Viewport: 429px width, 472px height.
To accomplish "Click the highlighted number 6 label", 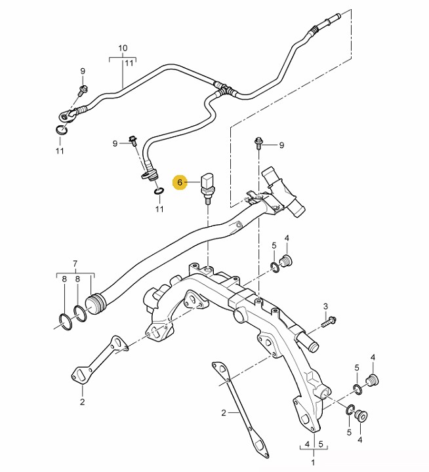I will pos(180,183).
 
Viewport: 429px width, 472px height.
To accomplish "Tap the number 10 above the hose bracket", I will pos(122,49).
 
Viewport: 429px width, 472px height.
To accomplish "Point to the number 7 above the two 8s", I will pos(75,264).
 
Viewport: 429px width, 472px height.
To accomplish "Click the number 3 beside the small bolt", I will pos(325,306).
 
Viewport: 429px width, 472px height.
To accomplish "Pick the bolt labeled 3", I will pos(330,321).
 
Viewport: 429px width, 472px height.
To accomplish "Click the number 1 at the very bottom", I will pos(312,462).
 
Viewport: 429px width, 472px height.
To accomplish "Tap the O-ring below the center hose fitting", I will pos(158,192).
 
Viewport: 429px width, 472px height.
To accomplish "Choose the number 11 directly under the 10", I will pos(129,63).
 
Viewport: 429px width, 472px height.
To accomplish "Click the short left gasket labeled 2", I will pos(96,359).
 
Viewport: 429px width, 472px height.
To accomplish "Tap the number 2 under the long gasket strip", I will pos(224,413).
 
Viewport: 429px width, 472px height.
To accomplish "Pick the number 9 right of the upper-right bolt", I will pos(281,145).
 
